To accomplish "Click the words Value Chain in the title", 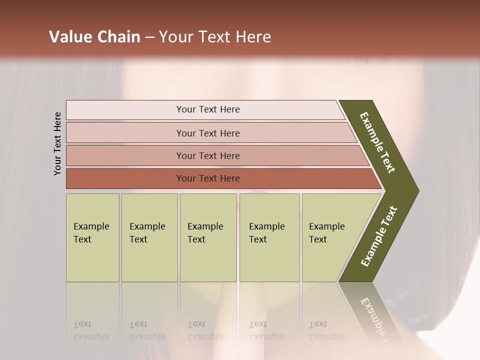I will (x=94, y=37).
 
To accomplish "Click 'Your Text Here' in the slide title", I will (x=215, y=37).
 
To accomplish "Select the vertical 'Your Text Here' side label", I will (x=57, y=143).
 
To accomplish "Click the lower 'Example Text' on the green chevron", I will (x=379, y=236).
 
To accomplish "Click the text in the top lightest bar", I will (x=208, y=109).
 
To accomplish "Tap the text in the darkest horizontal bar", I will (x=208, y=178).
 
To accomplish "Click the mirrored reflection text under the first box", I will (x=91, y=330).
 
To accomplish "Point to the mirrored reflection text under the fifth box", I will (x=326, y=330).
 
